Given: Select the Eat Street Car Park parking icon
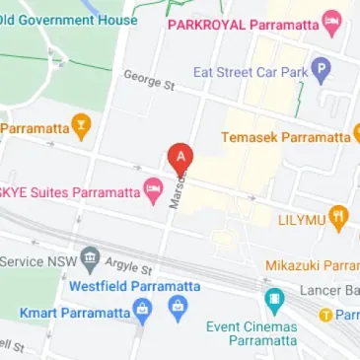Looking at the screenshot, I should click(x=320, y=70).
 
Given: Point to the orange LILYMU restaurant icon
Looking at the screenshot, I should click(x=338, y=217).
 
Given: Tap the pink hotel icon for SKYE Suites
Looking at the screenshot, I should click(x=153, y=190).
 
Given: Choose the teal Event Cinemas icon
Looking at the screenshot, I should click(x=275, y=297).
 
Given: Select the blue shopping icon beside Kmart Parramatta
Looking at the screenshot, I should click(x=143, y=313).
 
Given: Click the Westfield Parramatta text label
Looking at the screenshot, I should click(x=134, y=287).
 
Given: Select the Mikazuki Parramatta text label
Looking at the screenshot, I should click(x=313, y=265).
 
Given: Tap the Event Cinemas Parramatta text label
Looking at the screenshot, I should click(x=251, y=333).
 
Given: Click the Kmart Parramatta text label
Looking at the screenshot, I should click(x=74, y=313).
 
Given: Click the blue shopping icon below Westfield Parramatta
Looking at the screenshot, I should click(x=178, y=310).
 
